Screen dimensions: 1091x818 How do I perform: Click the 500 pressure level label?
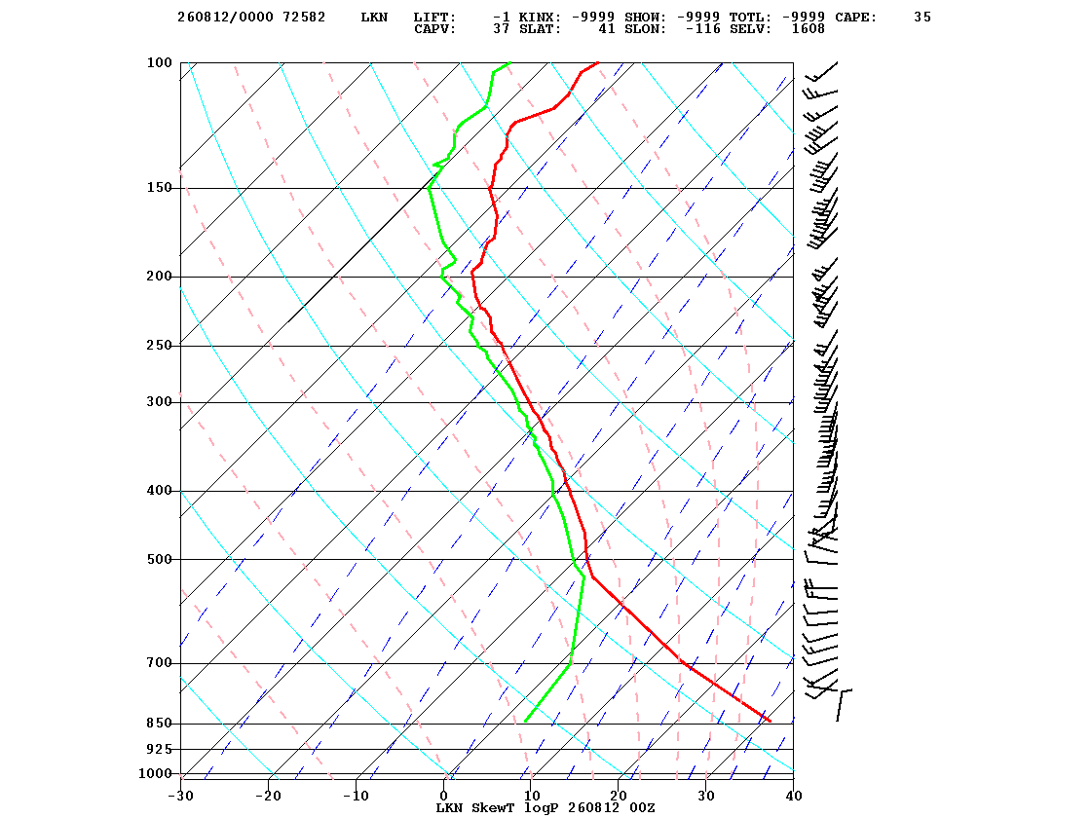click(159, 559)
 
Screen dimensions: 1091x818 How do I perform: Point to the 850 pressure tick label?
click(159, 724)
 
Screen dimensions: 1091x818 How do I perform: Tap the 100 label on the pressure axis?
click(159, 62)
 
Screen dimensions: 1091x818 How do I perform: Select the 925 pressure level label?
click(159, 749)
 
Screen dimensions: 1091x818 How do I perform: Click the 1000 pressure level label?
click(155, 773)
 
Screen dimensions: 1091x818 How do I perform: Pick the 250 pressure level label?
click(159, 346)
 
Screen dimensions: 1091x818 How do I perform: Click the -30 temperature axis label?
click(180, 796)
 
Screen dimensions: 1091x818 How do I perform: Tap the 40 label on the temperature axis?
click(794, 796)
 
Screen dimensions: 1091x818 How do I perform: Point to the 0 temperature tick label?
click(444, 796)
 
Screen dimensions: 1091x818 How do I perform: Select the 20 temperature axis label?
click(619, 796)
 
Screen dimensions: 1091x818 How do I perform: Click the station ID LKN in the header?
click(374, 18)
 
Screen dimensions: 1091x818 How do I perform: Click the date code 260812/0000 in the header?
click(225, 18)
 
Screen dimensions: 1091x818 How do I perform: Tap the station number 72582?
click(304, 18)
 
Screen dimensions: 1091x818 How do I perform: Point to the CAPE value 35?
click(922, 18)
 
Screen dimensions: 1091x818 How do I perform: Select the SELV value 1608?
click(808, 29)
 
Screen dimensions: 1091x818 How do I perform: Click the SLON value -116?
click(702, 29)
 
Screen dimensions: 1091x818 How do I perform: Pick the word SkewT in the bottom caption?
click(493, 807)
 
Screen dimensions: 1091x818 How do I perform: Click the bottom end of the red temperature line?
click(771, 722)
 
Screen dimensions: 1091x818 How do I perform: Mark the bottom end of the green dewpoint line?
click(525, 722)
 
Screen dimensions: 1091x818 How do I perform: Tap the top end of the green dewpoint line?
click(510, 62)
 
